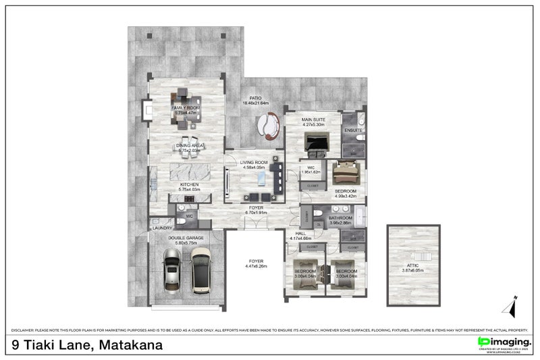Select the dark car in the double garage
(201, 269)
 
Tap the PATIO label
(255, 98)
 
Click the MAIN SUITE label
(314, 120)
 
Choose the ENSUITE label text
(353, 130)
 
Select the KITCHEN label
(188, 184)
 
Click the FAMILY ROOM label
(185, 108)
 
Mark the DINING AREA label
(190, 145)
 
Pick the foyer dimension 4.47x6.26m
(256, 266)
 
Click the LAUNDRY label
(163, 228)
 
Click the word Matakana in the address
(131, 345)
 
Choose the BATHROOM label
(340, 218)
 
